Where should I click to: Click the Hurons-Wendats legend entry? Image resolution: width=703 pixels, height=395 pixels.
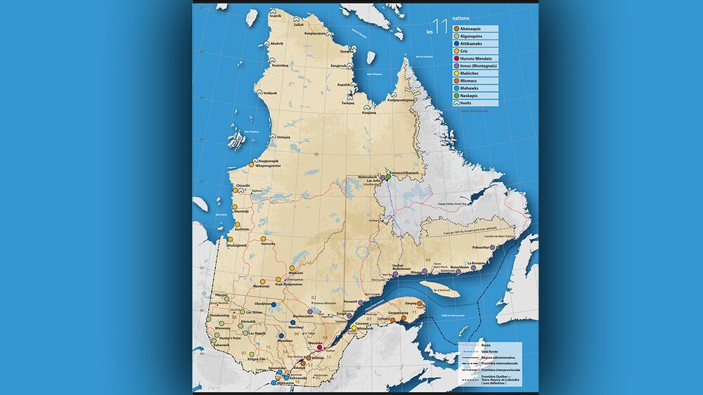pos(472,58)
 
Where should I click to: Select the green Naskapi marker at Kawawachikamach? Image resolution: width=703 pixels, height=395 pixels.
pos(388,177)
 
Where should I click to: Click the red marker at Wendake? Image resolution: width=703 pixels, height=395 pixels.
pos(320,347)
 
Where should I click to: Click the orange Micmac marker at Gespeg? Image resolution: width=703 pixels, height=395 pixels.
pos(419,303)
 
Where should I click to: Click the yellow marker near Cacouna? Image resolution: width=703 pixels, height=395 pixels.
pos(354,328)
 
